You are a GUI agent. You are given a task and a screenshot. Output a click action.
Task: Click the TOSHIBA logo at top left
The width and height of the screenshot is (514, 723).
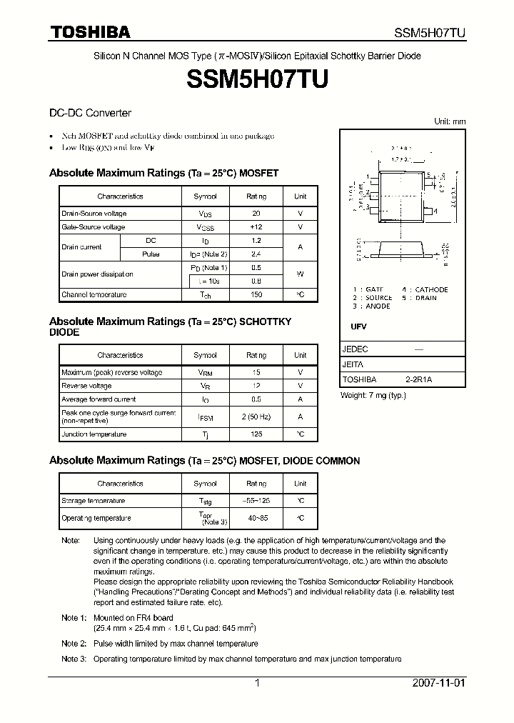[89, 32]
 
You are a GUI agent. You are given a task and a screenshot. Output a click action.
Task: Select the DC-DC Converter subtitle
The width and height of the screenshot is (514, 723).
[90, 113]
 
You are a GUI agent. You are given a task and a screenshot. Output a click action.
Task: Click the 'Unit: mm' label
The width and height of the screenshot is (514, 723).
[450, 121]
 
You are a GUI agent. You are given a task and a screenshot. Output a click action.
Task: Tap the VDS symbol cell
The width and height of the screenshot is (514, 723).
[206, 214]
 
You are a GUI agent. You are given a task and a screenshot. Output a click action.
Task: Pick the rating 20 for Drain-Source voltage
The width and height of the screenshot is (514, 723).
[256, 214]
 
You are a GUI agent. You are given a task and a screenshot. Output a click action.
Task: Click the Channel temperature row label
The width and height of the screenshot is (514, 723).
[94, 294]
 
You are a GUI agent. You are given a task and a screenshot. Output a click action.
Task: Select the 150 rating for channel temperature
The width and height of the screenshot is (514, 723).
[256, 294]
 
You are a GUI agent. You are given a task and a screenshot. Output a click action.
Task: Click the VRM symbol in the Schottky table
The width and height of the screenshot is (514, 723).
[206, 372]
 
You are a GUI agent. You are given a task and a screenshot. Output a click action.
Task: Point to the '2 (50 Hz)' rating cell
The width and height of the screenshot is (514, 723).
[256, 417]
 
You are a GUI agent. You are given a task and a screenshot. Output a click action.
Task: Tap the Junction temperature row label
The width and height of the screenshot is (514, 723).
[94, 434]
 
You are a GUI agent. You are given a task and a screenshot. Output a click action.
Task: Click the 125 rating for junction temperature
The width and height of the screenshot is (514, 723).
[256, 434]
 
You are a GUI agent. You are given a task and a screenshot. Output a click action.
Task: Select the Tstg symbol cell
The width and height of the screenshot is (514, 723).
[206, 501]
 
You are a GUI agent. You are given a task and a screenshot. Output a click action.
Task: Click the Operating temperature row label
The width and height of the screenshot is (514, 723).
[96, 518]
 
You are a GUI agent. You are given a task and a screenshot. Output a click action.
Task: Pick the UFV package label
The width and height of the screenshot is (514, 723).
[358, 326]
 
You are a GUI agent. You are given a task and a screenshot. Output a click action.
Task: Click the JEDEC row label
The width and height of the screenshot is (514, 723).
[356, 349]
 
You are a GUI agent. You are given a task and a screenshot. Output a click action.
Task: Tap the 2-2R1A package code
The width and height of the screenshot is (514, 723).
[418, 379]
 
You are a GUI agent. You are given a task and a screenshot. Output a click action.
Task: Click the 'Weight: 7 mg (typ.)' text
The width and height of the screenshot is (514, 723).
[373, 395]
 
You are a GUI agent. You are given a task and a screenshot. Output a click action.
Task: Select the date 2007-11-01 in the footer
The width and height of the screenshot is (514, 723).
[439, 683]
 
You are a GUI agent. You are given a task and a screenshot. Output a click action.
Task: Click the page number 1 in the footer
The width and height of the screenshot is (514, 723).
[257, 683]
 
